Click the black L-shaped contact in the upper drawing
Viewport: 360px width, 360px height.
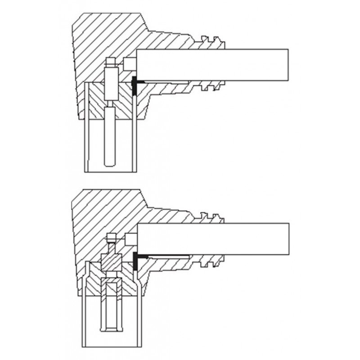(135, 85)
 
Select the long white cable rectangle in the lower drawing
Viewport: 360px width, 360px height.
(211, 238)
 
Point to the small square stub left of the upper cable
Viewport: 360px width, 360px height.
(130, 64)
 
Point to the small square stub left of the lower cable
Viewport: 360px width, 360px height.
(130, 238)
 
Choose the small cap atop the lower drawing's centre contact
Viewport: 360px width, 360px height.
(111, 238)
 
